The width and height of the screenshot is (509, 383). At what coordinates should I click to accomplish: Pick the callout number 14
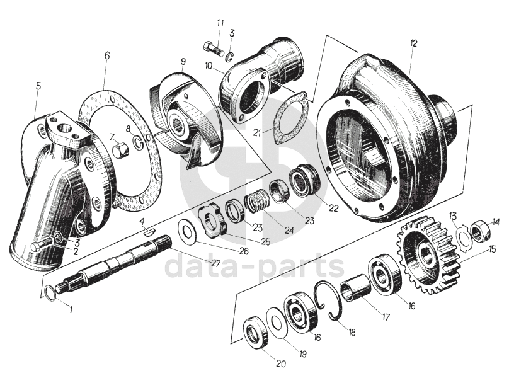pyautogui.click(x=496, y=221)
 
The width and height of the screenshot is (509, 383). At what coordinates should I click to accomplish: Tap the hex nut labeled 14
pyautogui.click(x=480, y=231)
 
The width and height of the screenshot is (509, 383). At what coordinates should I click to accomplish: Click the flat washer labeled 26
pyautogui.click(x=186, y=230)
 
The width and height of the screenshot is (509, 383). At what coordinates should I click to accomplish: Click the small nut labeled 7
pyautogui.click(x=120, y=151)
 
